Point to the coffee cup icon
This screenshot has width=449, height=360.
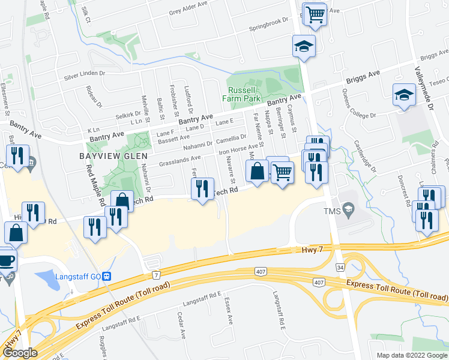[x=6, y=260]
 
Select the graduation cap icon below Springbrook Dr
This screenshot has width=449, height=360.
[x=304, y=46]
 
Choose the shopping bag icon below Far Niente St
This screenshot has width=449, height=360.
[x=257, y=171]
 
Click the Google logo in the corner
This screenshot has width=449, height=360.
[x=20, y=353]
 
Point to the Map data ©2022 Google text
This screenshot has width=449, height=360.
[x=411, y=355]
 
